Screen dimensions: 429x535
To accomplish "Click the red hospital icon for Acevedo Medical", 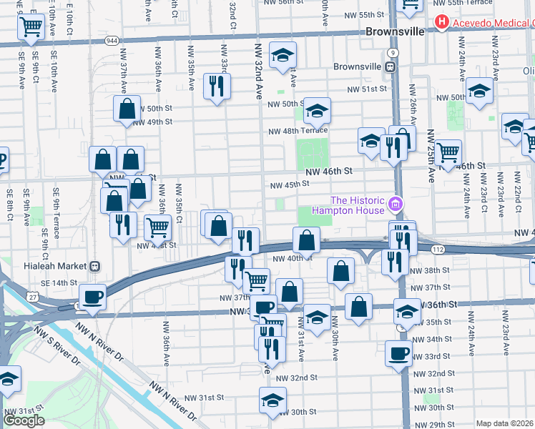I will click(x=442, y=23).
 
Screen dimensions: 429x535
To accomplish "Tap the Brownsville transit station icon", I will click(x=391, y=66).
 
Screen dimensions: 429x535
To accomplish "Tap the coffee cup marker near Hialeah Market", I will click(x=92, y=297).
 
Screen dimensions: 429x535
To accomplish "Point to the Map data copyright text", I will click(x=505, y=423).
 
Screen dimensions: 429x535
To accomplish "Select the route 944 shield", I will click(x=111, y=41).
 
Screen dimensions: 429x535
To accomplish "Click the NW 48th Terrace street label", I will click(x=298, y=131).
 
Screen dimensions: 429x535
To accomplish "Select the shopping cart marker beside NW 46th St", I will click(x=448, y=152).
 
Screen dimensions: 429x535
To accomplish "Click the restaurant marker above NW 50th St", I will click(x=215, y=87).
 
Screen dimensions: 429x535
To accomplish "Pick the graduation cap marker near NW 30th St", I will click(x=273, y=400).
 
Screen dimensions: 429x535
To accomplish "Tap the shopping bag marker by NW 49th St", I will click(x=127, y=109).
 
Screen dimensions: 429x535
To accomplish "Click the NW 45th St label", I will click(x=289, y=184).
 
